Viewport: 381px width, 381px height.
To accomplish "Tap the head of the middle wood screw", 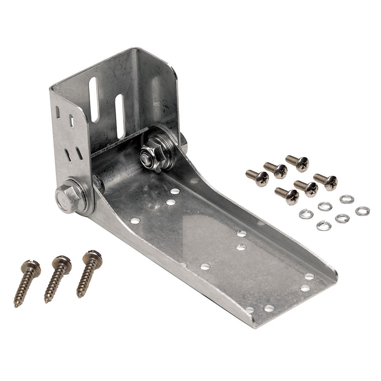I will [62, 261].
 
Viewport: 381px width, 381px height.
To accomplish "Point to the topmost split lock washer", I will [347, 199].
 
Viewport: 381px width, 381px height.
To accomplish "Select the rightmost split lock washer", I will [362, 211].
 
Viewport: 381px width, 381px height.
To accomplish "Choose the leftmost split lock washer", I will [306, 214].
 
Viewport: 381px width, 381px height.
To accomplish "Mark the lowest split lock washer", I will [323, 226].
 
